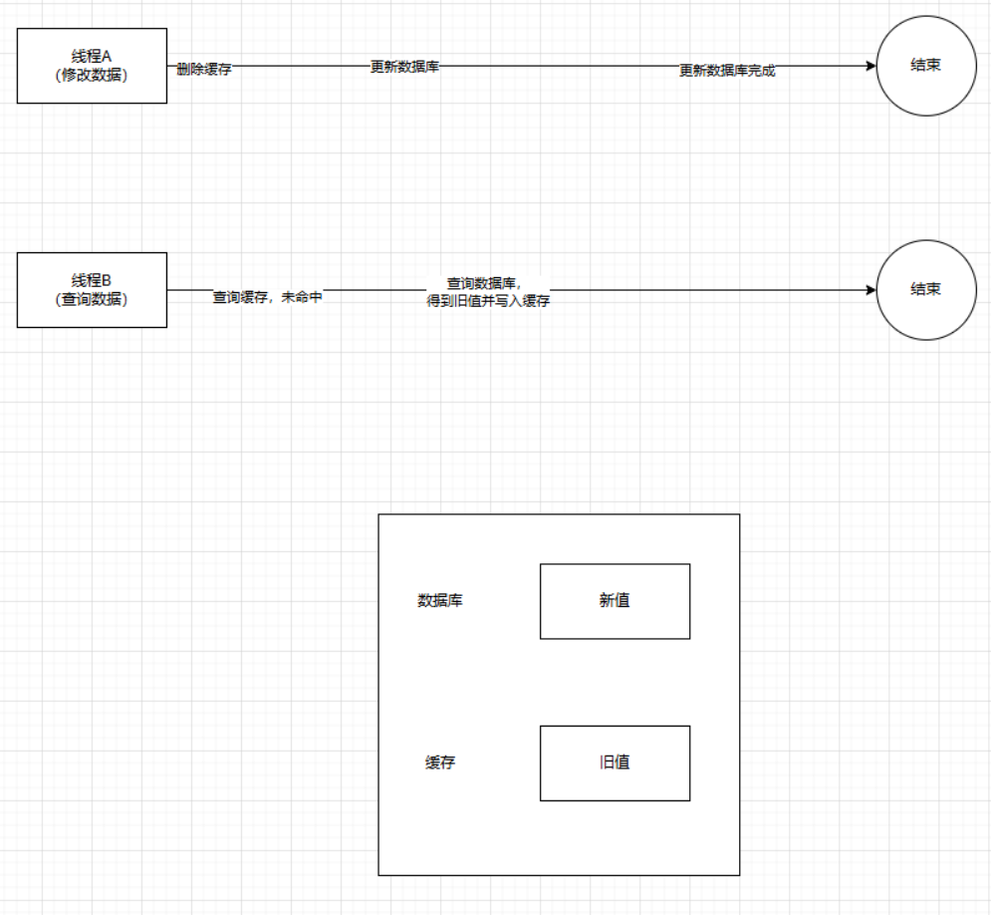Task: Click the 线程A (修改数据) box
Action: point(92,66)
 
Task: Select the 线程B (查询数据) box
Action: point(92,289)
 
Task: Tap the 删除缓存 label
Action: point(204,70)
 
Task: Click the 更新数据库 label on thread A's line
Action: point(405,67)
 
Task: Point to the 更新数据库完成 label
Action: point(727,71)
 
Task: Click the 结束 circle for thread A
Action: point(925,66)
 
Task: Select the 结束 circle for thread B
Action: point(925,289)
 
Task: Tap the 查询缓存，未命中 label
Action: point(267,297)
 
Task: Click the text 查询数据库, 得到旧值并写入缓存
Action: point(488,292)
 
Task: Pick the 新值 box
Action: point(615,601)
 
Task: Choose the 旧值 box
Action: point(615,762)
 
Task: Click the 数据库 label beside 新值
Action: point(439,601)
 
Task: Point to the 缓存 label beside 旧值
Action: point(440,763)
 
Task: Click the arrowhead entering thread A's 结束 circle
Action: point(870,66)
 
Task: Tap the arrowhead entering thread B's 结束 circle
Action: point(870,290)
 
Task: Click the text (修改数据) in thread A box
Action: point(92,76)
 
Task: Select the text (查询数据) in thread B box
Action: point(92,299)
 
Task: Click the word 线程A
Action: point(92,57)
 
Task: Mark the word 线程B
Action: point(92,280)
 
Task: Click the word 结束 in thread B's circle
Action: point(925,289)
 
